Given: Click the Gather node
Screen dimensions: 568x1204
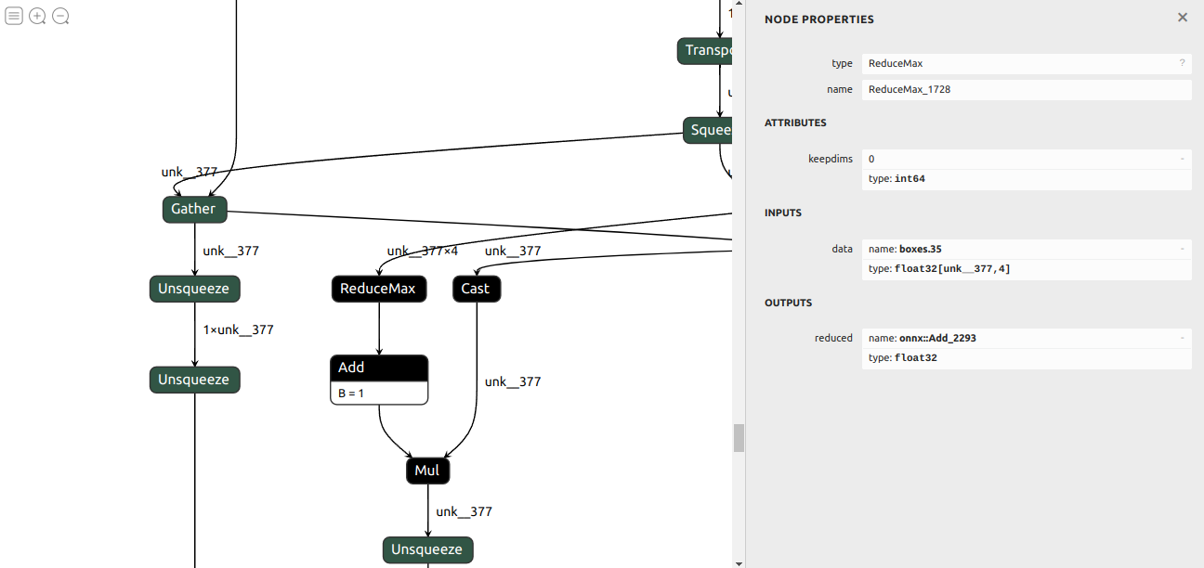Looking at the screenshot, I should (x=194, y=209).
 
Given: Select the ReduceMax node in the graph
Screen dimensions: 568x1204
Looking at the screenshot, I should (x=378, y=289).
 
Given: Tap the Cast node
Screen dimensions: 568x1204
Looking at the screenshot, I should (x=476, y=289).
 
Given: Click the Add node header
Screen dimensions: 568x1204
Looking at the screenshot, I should (x=378, y=368).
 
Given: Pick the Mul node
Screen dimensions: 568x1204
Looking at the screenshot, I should (x=427, y=471).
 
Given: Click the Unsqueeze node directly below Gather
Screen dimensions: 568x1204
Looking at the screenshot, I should (x=194, y=289).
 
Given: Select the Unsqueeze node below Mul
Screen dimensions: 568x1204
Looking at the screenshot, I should (x=427, y=549).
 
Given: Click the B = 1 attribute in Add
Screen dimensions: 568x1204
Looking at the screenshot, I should (x=351, y=394).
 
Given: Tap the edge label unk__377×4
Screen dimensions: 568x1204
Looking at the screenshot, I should (x=422, y=251).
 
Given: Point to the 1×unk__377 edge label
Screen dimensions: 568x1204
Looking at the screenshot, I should (x=238, y=329).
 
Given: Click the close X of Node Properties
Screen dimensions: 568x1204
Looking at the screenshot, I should (x=1182, y=18).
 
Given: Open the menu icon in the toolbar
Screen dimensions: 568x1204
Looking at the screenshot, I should (x=14, y=16).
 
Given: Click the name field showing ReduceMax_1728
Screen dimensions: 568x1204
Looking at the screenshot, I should (x=1026, y=90).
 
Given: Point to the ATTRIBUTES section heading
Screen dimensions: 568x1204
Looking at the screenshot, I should (x=795, y=123).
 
